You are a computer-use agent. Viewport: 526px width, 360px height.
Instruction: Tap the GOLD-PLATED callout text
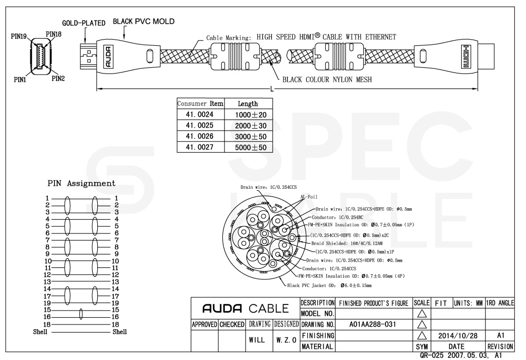click(84, 23)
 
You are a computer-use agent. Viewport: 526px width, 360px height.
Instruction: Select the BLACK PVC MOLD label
click(144, 22)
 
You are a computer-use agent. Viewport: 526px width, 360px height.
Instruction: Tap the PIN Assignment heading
click(81, 183)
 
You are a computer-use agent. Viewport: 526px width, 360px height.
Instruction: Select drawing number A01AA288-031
click(372, 325)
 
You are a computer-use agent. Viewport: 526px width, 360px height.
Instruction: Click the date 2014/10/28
click(458, 335)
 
